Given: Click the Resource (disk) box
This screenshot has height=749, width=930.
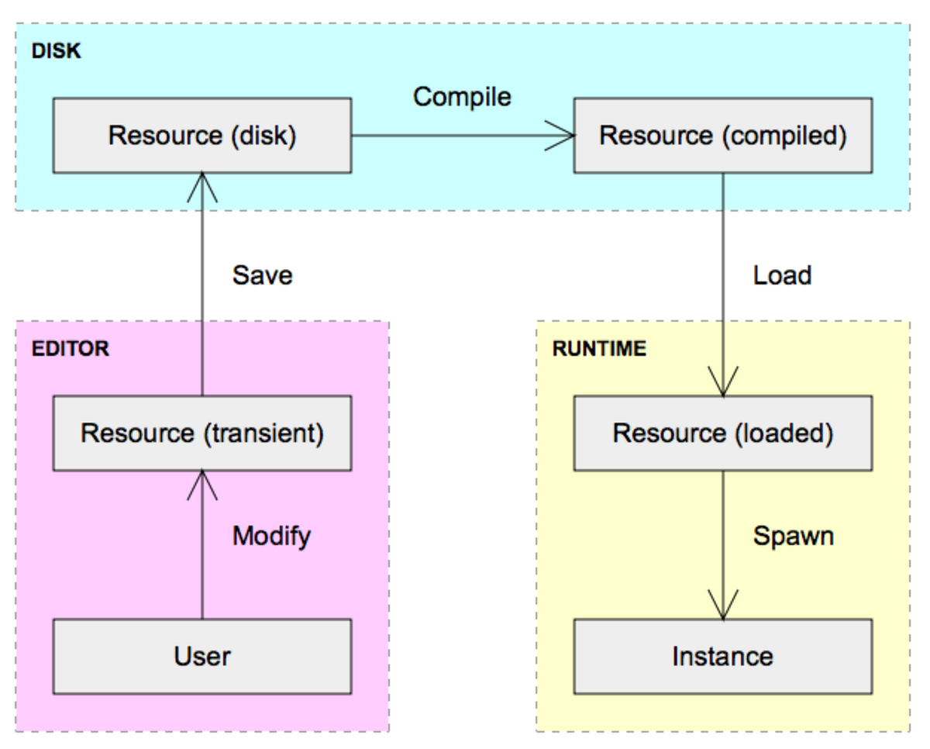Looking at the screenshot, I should click(201, 136).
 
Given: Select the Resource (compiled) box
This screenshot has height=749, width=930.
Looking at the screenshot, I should click(722, 136).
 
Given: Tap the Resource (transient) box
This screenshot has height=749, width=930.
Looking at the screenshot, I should click(201, 433).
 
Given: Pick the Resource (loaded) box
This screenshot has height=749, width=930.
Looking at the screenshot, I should click(722, 433).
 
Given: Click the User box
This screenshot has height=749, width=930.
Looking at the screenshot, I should click(201, 657).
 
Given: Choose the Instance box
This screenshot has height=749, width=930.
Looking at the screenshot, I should click(722, 657).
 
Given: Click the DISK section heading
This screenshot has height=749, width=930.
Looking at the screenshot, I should click(56, 52).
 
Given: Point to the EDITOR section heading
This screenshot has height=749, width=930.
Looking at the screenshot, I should click(71, 349).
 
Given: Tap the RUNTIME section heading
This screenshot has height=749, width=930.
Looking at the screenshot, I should click(599, 349).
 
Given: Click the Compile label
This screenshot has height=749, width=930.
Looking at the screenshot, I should click(462, 97).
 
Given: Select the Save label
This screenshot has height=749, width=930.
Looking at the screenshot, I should click(263, 275).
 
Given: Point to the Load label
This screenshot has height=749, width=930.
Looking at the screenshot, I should click(782, 275).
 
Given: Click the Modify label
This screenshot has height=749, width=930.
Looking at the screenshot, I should click(271, 535).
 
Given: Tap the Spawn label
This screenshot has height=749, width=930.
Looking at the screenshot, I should click(794, 535).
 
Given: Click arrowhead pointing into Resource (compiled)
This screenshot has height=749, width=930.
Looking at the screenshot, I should click(563, 136).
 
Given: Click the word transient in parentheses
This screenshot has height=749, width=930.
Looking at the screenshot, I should click(263, 433).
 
